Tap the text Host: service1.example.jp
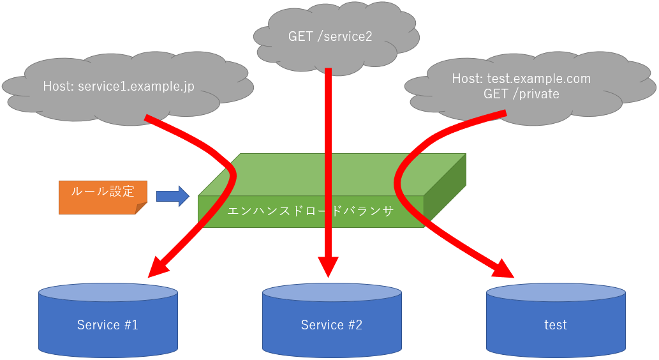coord(119,86)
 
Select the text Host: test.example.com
coord(521,79)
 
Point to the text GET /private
coord(521,94)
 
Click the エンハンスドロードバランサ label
coord(310,210)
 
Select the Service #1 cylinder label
coord(107,325)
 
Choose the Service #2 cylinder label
coord(331,325)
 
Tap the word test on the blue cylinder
coord(555,325)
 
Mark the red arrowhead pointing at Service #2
coord(329,267)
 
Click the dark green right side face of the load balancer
coord(445,191)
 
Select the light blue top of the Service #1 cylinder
coord(107,292)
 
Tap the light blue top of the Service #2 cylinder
coord(331,292)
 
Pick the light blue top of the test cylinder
coord(555,292)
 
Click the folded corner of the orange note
coord(142,208)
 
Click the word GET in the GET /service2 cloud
coord(300,36)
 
